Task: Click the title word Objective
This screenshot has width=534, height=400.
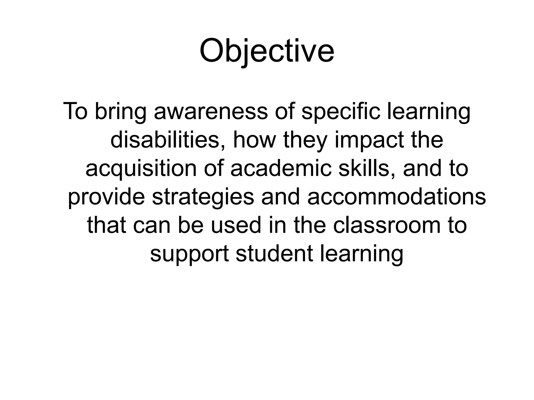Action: coord(267,51)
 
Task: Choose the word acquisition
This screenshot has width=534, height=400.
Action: coord(141,168)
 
